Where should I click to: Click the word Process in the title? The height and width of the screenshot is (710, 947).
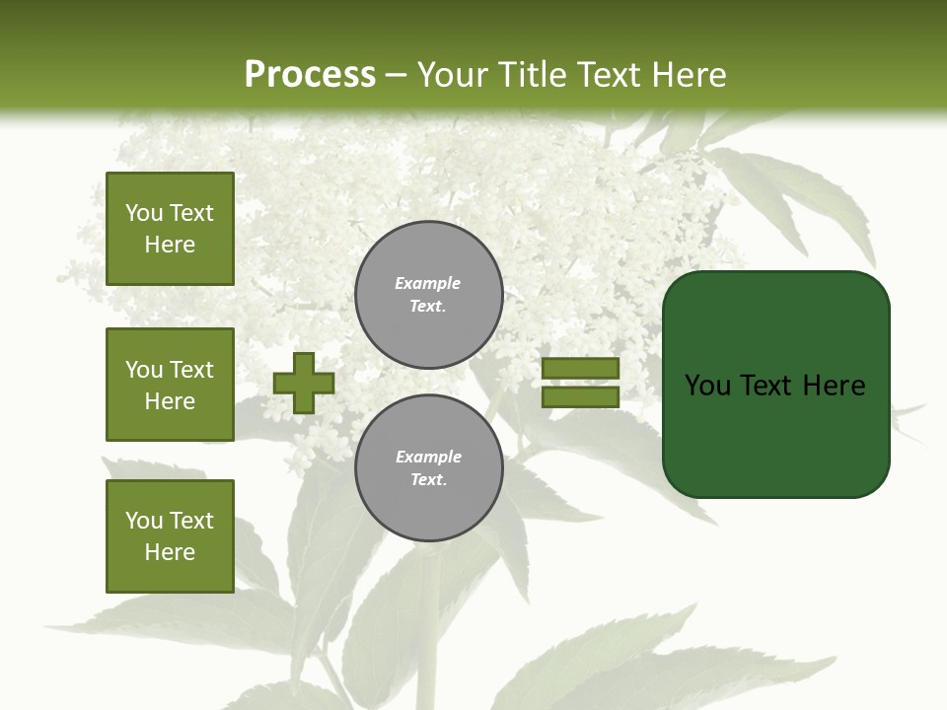tap(310, 75)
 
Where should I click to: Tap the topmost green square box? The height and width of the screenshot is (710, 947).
tap(170, 229)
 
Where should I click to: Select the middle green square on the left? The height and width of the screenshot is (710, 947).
tap(170, 385)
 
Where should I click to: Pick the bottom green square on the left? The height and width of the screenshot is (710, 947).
tap(170, 536)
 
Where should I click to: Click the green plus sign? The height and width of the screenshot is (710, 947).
tap(303, 383)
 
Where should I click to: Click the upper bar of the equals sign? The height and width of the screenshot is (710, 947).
tap(580, 369)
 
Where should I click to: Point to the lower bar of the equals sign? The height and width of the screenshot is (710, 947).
tap(580, 397)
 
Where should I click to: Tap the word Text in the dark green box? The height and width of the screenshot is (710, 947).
tap(768, 386)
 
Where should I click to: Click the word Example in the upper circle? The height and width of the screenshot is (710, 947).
tap(427, 283)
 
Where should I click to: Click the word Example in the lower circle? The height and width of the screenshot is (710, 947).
tap(428, 457)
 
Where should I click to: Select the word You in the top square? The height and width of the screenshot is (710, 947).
tap(143, 213)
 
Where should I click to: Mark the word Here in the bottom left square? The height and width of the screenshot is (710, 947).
tap(170, 552)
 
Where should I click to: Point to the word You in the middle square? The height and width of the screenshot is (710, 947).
tap(143, 370)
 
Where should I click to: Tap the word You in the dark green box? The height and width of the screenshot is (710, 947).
tap(707, 386)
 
